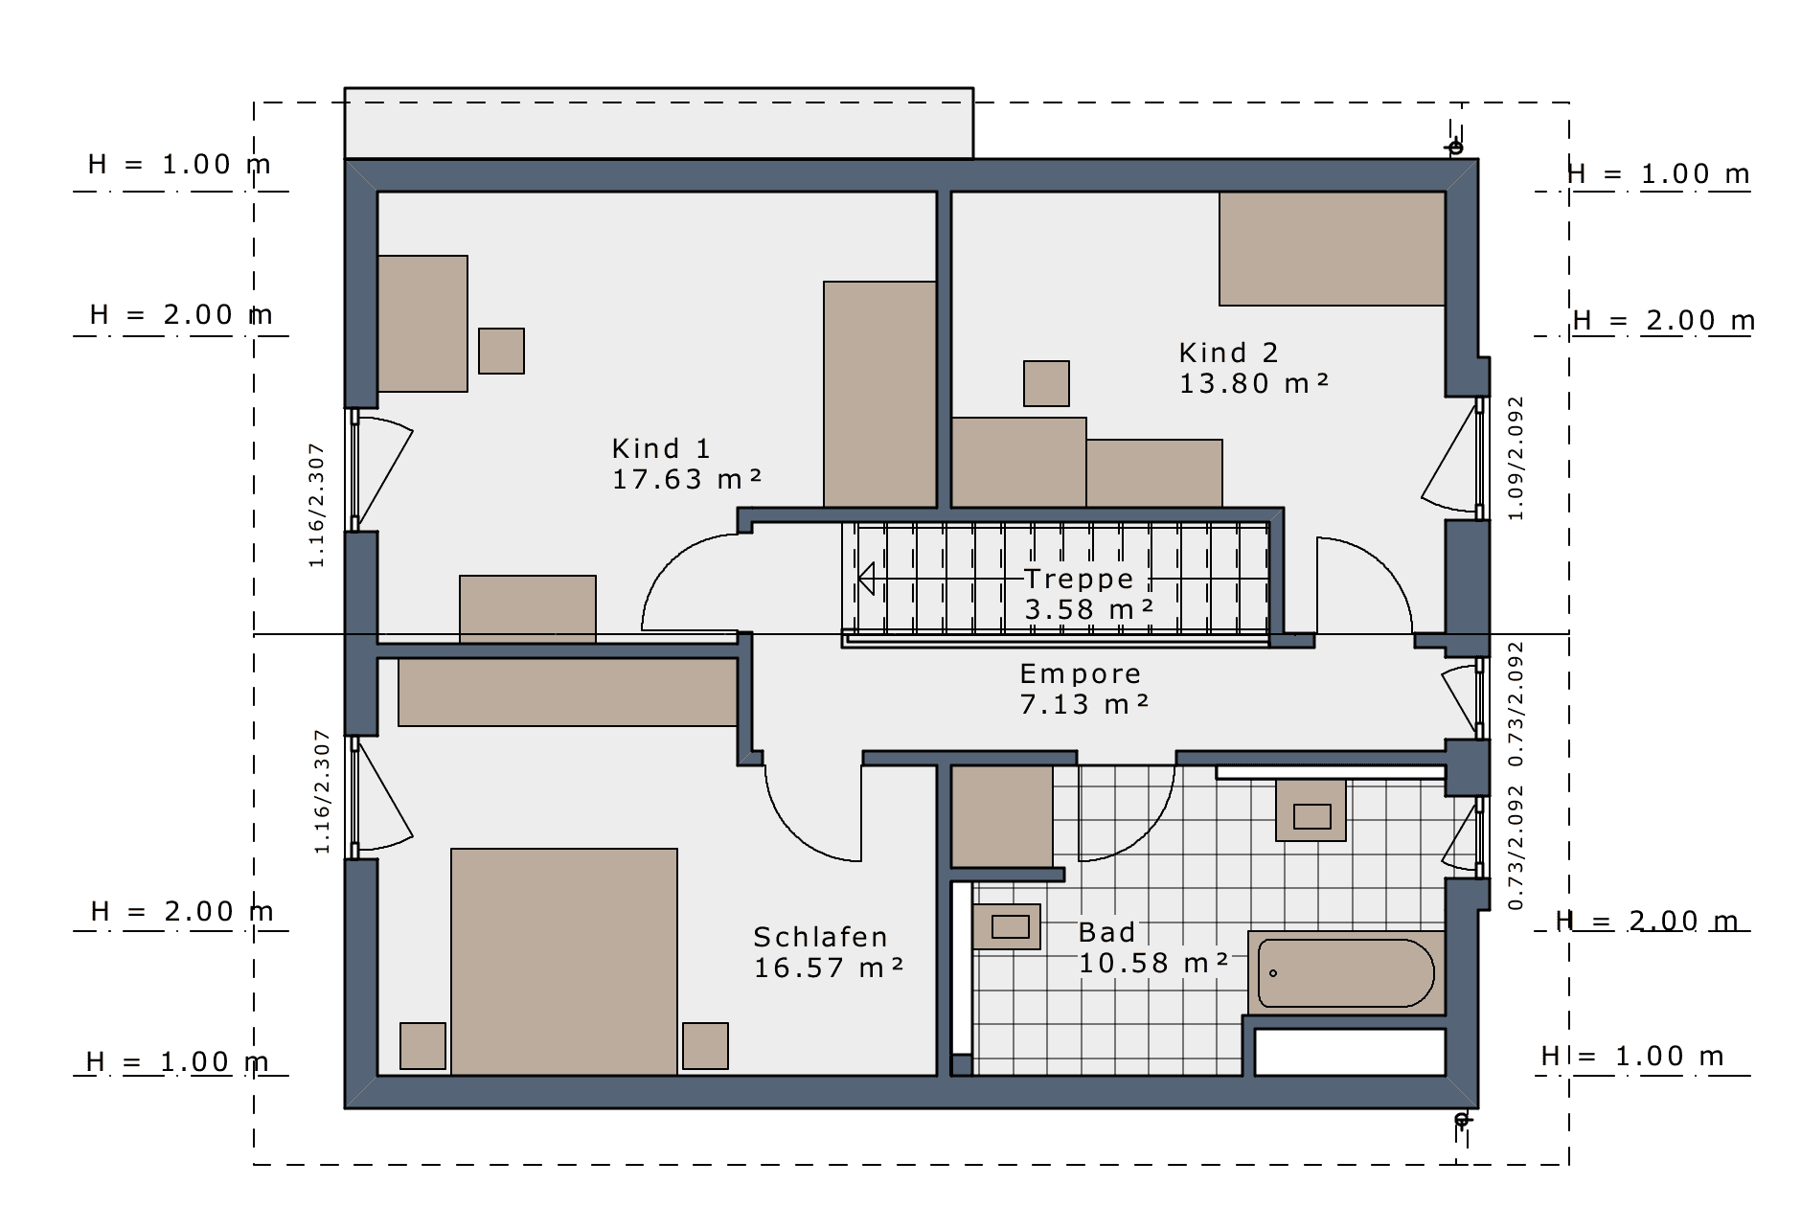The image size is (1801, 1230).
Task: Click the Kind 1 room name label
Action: (661, 448)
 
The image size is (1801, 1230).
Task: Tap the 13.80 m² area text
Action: (1254, 383)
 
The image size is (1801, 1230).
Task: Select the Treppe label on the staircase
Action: (1079, 579)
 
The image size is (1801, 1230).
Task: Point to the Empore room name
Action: (1080, 673)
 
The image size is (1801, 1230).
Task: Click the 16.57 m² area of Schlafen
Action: (829, 968)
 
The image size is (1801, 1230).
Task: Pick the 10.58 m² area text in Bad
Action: (1153, 963)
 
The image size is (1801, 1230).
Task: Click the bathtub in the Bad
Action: (1346, 973)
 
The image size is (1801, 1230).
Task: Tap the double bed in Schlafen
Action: (564, 962)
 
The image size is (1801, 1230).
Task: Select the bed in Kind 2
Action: (1332, 249)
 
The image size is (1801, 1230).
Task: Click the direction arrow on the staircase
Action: (867, 579)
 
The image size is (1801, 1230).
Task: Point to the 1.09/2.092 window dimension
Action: (1516, 459)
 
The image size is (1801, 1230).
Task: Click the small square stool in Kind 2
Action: (1046, 383)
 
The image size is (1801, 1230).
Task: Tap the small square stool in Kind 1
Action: (501, 351)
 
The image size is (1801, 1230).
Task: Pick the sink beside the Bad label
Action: (1007, 926)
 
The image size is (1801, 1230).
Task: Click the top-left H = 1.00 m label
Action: (179, 165)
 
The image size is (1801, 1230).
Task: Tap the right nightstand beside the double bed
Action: (705, 1046)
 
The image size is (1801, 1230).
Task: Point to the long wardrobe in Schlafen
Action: (568, 693)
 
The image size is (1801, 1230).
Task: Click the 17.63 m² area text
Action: (687, 479)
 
